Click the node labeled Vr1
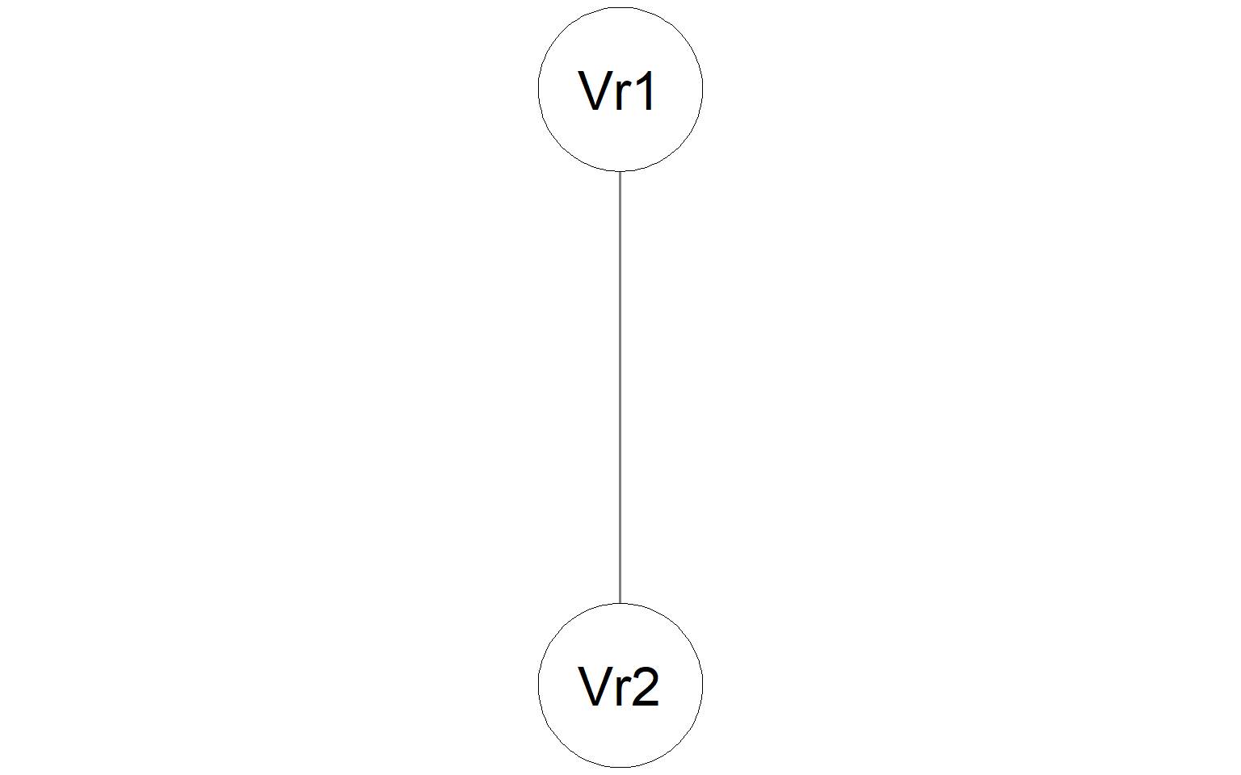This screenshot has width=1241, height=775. tap(620, 89)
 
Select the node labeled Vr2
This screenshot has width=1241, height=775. tap(620, 685)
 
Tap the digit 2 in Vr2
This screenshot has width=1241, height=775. tap(646, 686)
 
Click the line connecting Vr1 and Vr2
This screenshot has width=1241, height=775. tap(620, 387)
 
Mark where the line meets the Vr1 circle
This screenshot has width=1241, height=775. tap(620, 172)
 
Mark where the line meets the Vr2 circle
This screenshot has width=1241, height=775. tap(620, 603)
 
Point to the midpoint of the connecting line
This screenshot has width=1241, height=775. tap(620, 387)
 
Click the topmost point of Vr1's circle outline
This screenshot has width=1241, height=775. tap(620, 7)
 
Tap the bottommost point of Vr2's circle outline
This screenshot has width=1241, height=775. tap(620, 767)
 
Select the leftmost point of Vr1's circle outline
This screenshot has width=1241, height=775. tap(539, 89)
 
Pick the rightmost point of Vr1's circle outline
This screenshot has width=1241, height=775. tap(702, 89)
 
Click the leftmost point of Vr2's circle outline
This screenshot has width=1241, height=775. tap(539, 685)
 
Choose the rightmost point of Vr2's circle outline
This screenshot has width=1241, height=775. tap(702, 685)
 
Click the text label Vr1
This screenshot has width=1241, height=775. tap(616, 90)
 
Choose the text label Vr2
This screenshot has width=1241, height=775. tap(618, 686)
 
